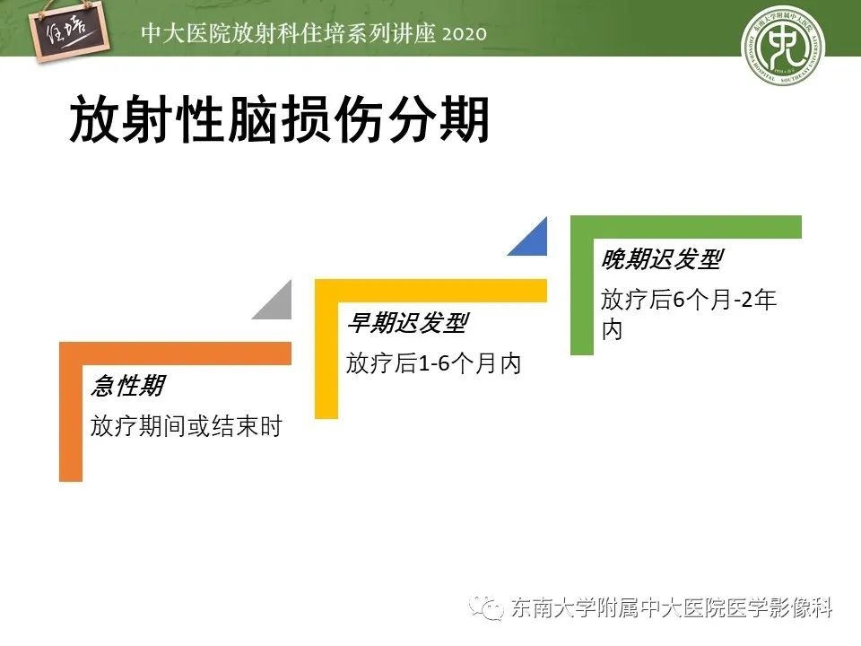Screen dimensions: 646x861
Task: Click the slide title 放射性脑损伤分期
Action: pos(279,120)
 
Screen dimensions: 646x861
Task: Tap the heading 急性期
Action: pos(127,387)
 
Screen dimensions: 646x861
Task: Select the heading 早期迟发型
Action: pos(406,324)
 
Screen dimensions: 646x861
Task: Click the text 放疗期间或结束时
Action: pos(186,426)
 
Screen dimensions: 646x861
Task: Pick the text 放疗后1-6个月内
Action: pos(433,363)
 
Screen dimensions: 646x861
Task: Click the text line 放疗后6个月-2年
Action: pos(689,301)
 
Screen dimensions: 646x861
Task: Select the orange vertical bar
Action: pos(71,422)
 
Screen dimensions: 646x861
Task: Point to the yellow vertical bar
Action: pos(326,359)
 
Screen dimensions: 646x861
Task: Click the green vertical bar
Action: pos(582,296)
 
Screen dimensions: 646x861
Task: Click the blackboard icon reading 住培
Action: pos(76,32)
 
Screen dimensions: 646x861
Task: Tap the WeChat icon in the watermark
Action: pos(491,609)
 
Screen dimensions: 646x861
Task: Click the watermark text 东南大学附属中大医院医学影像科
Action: pos(672,609)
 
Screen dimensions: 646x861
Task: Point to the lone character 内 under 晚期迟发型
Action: pos(612,329)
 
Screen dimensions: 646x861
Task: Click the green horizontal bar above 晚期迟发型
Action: pos(686,226)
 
